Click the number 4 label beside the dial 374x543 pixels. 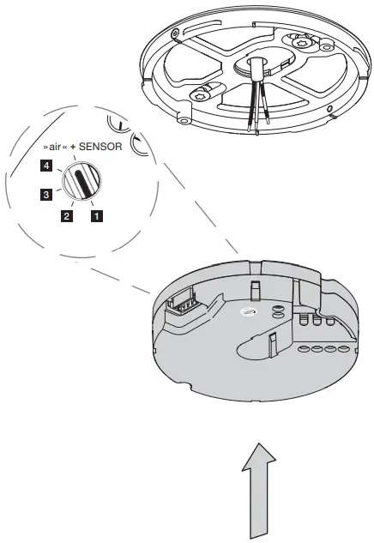pos(46,166)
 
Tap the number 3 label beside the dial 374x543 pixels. pos(46,194)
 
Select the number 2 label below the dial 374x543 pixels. pos(67,216)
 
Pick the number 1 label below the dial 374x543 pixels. pos(97,216)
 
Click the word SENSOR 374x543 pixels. pos(100,147)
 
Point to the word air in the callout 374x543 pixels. pos(55,147)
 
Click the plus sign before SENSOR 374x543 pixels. pos(73,147)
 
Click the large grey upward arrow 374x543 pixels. pos(259,491)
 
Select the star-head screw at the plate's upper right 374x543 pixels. pos(299,43)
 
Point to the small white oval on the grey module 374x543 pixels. pos(247,312)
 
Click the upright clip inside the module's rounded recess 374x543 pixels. pos(273,344)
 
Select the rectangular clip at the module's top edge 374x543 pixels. pos(255,290)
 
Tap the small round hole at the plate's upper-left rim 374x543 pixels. pos(174,33)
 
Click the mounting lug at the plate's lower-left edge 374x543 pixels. pos(184,117)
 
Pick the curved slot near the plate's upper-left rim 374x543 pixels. pos(202,27)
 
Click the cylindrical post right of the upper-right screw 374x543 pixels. pos(325,45)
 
